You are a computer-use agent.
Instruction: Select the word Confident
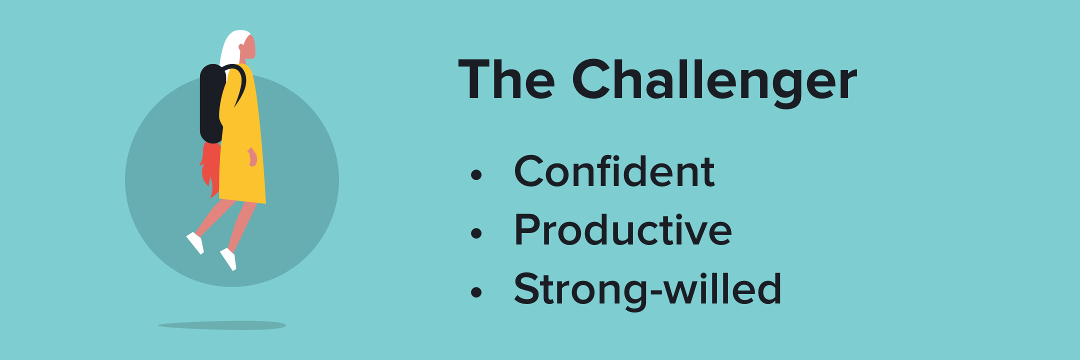[x=614, y=171]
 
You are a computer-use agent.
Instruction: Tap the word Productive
[x=623, y=229]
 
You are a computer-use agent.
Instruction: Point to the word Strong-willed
[x=647, y=288]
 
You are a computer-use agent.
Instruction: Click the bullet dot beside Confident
[x=476, y=175]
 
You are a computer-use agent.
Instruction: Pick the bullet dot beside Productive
[x=476, y=233]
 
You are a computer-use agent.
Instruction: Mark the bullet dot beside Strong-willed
[x=476, y=292]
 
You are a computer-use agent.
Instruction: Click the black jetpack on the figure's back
[x=212, y=103]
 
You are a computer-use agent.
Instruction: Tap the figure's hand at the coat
[x=252, y=157]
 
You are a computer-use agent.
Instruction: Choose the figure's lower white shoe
[x=229, y=259]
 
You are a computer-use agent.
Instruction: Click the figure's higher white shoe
[x=195, y=242]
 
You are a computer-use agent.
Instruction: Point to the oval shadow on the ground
[x=222, y=325]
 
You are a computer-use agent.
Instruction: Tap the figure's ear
[x=241, y=47]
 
